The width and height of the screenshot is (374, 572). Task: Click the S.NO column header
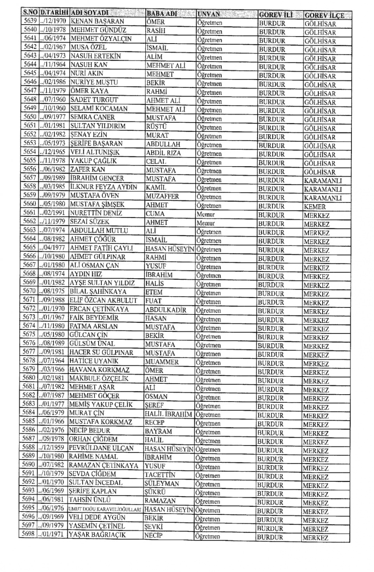point(30,13)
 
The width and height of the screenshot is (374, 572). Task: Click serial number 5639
point(30,21)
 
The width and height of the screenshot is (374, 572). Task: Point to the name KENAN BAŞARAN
point(97,21)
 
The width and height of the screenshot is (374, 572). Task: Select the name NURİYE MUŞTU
point(94,82)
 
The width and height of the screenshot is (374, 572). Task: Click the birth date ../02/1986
point(53,82)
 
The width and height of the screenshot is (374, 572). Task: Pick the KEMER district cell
point(315,207)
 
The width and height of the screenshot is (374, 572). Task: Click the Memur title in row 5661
point(206,214)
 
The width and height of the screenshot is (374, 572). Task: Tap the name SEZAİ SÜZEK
point(90,222)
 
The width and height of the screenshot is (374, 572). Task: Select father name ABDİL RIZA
point(164,153)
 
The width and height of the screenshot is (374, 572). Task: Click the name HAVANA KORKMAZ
point(99,370)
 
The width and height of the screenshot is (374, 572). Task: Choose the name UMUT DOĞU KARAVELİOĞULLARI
point(104,509)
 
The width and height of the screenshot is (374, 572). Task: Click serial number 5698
point(28,534)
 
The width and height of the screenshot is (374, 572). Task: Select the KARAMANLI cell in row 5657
point(323,181)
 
